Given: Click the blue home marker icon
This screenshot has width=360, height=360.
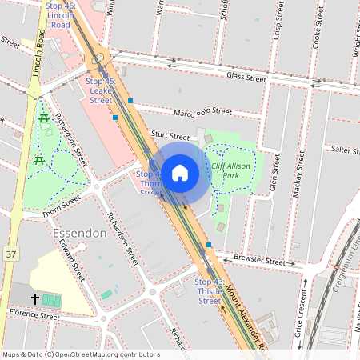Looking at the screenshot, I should [x=180, y=172].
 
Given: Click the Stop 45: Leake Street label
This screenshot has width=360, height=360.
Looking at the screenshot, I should [x=101, y=90].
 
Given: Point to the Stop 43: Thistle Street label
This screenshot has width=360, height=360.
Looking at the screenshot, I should [x=209, y=291].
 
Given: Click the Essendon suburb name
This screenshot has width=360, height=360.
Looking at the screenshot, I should [x=79, y=233].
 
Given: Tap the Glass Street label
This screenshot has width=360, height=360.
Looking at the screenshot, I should [x=246, y=78].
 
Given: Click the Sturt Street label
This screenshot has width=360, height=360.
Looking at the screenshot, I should [x=170, y=138].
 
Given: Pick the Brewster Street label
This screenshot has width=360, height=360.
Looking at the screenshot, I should [x=261, y=261].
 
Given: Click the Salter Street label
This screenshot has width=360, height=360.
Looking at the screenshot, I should [x=347, y=150].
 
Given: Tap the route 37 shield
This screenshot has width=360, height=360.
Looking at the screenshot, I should [x=10, y=254].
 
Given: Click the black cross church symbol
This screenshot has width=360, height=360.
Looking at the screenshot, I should [x=35, y=298].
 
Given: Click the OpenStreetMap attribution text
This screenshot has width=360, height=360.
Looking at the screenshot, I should [x=81, y=354].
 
